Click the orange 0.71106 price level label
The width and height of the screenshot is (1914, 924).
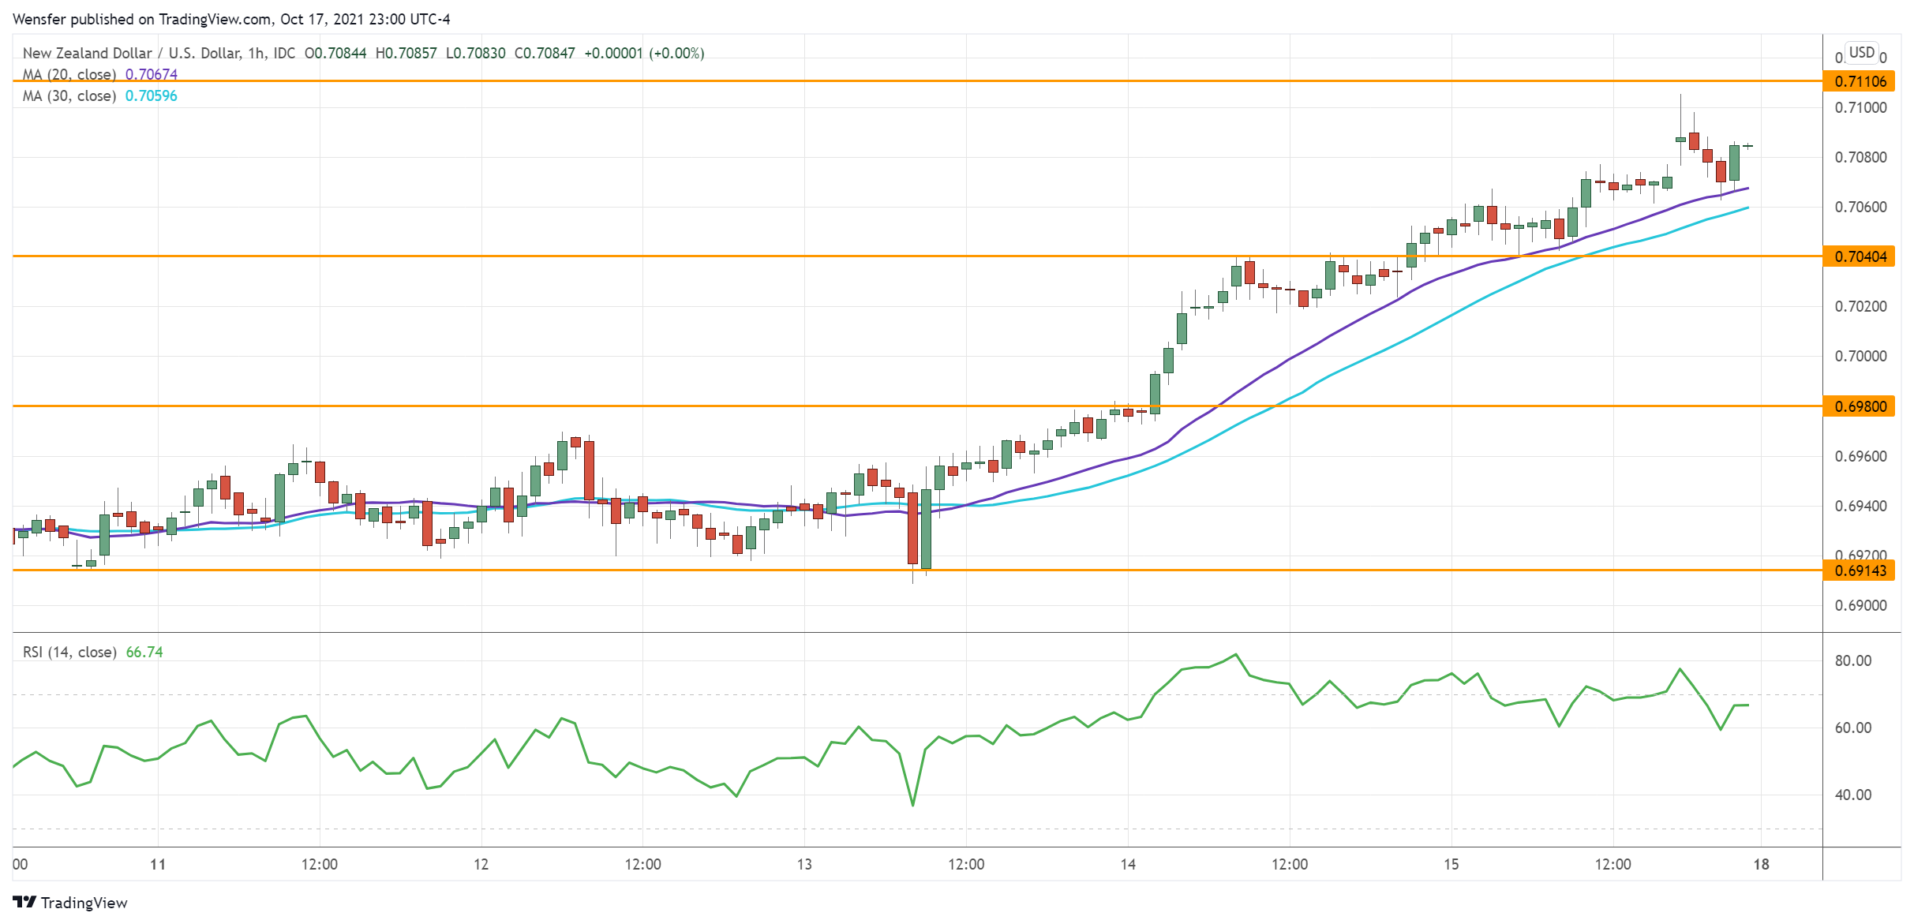1859,81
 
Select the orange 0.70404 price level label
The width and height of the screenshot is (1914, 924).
1859,256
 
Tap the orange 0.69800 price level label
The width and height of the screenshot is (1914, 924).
1859,406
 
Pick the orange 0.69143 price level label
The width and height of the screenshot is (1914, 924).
1859,570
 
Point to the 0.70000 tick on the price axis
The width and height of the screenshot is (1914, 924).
1859,357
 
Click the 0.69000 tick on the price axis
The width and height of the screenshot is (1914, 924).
1859,606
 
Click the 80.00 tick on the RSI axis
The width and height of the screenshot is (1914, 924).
1852,661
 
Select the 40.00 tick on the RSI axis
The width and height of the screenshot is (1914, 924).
1852,795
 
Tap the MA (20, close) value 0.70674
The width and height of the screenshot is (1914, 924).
152,75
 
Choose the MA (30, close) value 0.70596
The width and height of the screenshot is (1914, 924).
152,96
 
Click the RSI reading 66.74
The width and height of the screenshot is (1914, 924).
144,653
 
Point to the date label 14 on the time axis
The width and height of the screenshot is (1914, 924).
1128,865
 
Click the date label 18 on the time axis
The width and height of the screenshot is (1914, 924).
1761,865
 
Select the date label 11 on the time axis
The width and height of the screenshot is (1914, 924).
158,865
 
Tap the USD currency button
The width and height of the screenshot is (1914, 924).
1862,53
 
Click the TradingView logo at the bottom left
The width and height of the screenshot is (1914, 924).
70,903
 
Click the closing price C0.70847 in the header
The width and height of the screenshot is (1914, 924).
545,54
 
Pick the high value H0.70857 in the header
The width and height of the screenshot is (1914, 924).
406,54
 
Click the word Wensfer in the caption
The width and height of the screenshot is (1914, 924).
39,19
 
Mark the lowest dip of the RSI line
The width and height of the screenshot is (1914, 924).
913,805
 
